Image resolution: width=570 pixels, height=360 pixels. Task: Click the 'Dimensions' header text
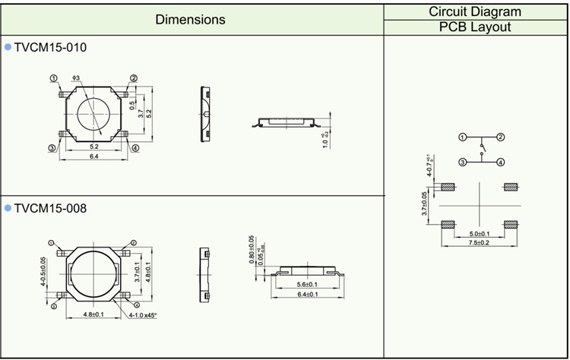click(190, 20)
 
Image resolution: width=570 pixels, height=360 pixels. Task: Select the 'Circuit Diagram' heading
click(475, 11)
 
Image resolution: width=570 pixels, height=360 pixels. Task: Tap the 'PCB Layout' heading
click(475, 27)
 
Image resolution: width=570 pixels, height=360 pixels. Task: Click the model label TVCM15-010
click(50, 47)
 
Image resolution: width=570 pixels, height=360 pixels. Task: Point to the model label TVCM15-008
click(50, 207)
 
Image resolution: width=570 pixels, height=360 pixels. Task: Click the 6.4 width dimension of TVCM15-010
click(94, 156)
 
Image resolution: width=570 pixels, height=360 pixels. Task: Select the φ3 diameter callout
click(76, 78)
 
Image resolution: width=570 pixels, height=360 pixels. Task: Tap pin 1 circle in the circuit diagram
click(462, 137)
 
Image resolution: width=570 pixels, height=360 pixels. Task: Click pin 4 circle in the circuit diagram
click(502, 162)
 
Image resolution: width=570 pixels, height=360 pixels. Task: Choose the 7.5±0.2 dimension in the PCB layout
click(479, 243)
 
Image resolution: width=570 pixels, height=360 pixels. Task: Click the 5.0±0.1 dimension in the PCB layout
click(479, 233)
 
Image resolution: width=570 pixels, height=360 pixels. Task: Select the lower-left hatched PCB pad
click(448, 223)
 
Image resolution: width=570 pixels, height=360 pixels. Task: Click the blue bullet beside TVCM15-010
click(8, 47)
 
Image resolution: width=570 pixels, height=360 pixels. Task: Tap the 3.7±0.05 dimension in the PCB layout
click(426, 205)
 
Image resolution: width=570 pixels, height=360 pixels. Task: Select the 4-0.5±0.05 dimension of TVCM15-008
click(43, 270)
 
